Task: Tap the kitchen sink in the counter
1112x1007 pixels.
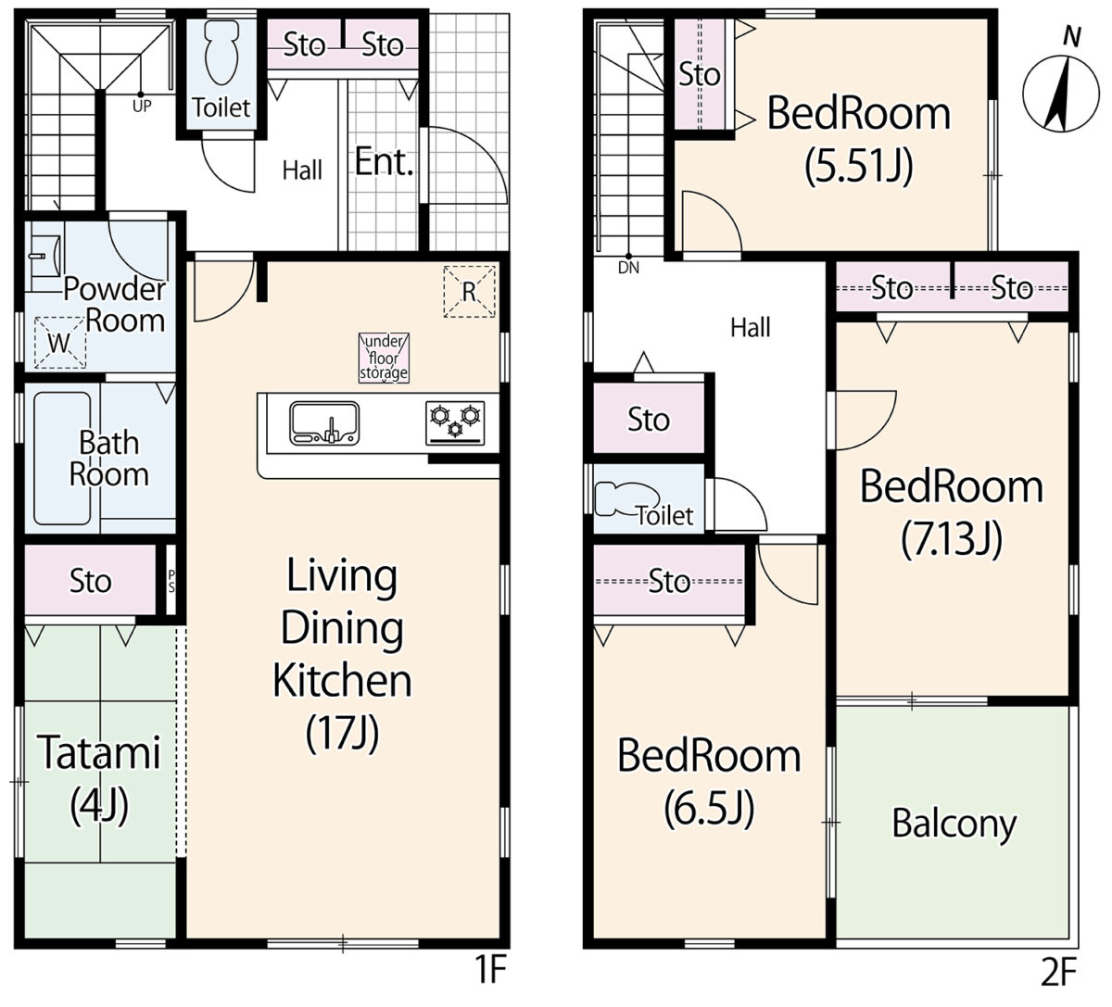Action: tap(324, 423)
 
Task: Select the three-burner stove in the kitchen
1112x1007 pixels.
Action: tap(455, 423)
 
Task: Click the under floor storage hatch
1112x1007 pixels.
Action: tap(384, 358)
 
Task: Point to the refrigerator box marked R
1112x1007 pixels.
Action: tap(469, 292)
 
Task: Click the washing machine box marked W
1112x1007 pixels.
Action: tap(60, 343)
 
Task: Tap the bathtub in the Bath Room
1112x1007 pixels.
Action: tap(62, 459)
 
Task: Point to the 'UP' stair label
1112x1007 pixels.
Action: tap(142, 106)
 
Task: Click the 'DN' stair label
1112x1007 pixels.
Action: tap(628, 269)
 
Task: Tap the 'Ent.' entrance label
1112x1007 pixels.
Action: tap(385, 162)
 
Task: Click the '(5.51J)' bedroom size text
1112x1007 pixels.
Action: tap(859, 167)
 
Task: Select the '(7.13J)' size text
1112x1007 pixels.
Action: tap(952, 540)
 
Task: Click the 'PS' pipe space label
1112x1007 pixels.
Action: tap(171, 581)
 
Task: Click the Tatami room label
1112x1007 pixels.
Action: tap(100, 752)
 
